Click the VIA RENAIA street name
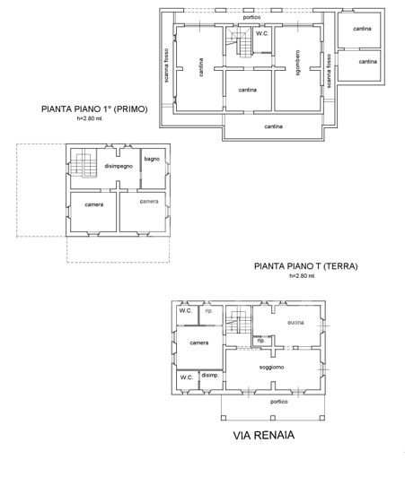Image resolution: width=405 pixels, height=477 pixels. tap(264, 437)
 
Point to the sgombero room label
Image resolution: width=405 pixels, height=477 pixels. tap(297, 65)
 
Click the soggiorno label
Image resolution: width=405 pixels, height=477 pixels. tap(272, 369)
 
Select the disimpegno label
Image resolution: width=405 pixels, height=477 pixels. tap(119, 166)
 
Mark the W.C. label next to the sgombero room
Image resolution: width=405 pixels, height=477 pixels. tap(261, 33)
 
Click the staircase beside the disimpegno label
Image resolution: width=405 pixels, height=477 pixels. tap(85, 164)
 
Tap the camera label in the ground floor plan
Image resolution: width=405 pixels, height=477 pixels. tap(199, 343)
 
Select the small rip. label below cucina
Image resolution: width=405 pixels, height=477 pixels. tap(261, 341)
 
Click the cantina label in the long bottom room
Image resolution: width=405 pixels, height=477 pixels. tap(274, 126)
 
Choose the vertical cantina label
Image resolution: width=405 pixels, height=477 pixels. tap(200, 67)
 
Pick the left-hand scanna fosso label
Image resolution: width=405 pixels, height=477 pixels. tap(167, 65)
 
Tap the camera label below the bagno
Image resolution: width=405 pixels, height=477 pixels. tap(148, 201)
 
